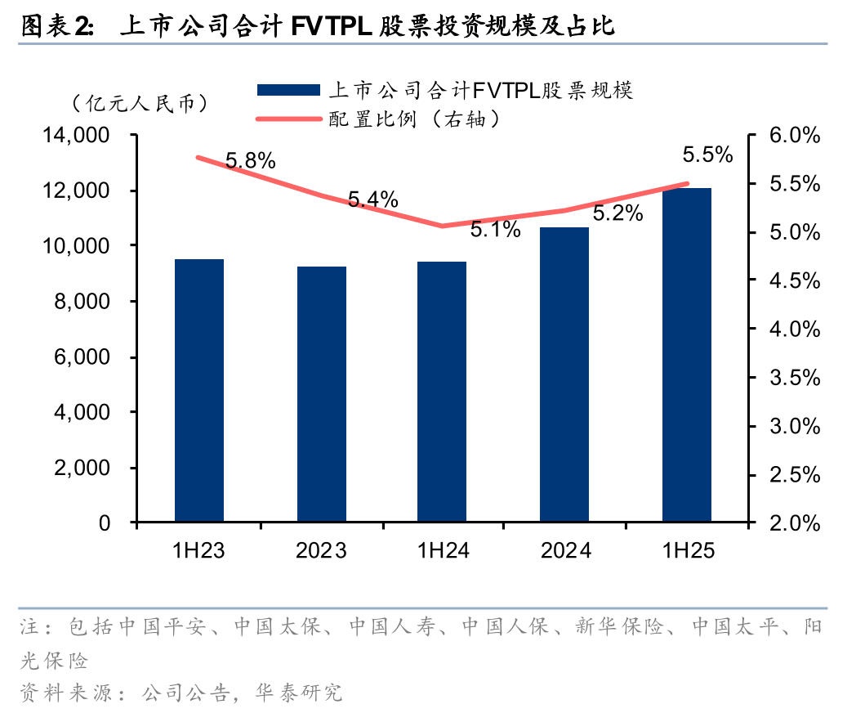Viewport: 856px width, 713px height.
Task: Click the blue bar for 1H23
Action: coord(199,391)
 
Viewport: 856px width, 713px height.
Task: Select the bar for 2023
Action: coord(322,394)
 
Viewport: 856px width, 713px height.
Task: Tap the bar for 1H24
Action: coord(443,392)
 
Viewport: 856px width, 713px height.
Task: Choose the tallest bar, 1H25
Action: coord(686,355)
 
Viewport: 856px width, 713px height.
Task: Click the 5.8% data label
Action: coord(250,161)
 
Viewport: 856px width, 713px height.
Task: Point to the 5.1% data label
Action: coord(495,230)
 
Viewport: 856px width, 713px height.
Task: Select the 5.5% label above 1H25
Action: coord(707,155)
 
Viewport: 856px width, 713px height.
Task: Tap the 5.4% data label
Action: coord(372,199)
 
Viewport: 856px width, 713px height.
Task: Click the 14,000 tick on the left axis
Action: coord(80,136)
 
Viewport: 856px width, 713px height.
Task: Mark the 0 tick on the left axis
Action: coord(105,523)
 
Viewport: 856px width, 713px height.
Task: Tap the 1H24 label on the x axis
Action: coord(443,551)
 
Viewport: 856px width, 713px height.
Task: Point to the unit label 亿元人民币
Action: coord(140,104)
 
